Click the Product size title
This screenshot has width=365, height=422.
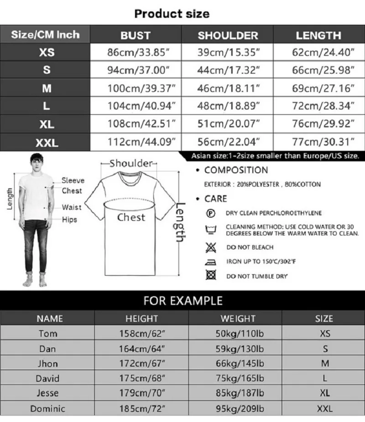click(172, 14)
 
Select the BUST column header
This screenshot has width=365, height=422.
click(136, 35)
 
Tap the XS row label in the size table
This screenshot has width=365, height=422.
click(47, 53)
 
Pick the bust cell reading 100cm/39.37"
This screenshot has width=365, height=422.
click(141, 88)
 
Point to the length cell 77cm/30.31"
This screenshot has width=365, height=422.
click(323, 142)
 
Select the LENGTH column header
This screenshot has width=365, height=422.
click(318, 35)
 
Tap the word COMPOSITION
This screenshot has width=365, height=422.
click(236, 171)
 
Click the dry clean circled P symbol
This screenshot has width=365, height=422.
click(210, 213)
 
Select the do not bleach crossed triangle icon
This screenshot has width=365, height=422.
click(210, 247)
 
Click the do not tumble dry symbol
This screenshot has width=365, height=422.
click(210, 276)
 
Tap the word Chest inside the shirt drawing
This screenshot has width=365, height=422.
click(131, 218)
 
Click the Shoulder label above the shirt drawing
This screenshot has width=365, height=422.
click(131, 163)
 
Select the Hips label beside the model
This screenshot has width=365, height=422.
click(69, 219)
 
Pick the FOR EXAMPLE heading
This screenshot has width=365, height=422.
click(182, 300)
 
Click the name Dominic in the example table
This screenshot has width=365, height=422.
click(47, 408)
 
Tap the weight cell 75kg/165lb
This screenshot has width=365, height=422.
click(239, 378)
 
